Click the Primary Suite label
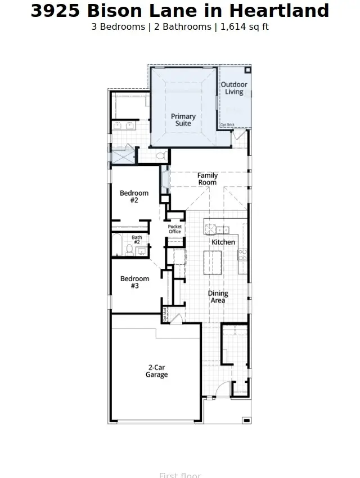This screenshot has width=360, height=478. pyautogui.click(x=183, y=120)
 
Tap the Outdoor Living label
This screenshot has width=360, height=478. pyautogui.click(x=234, y=88)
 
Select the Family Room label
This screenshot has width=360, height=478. pyautogui.click(x=207, y=179)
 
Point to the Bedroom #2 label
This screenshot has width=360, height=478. pyautogui.click(x=134, y=196)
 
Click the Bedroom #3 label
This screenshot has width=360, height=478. pyautogui.click(x=134, y=282)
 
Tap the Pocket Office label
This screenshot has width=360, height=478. pyautogui.click(x=175, y=229)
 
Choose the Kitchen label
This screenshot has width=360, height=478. pyautogui.click(x=223, y=242)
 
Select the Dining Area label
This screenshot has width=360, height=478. pyautogui.click(x=218, y=297)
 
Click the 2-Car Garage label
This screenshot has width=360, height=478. pyautogui.click(x=156, y=371)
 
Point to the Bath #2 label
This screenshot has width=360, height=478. pyautogui.click(x=137, y=240)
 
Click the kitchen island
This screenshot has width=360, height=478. pyautogui.click(x=213, y=262)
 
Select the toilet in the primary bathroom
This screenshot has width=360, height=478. pyautogui.click(x=160, y=156)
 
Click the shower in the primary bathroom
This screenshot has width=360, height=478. pyautogui.click(x=123, y=156)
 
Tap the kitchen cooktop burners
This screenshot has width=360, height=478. pyautogui.click(x=242, y=254)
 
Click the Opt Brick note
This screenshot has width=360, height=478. pyautogui.click(x=227, y=124)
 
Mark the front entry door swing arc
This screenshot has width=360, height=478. pyautogui.click(x=223, y=388)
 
